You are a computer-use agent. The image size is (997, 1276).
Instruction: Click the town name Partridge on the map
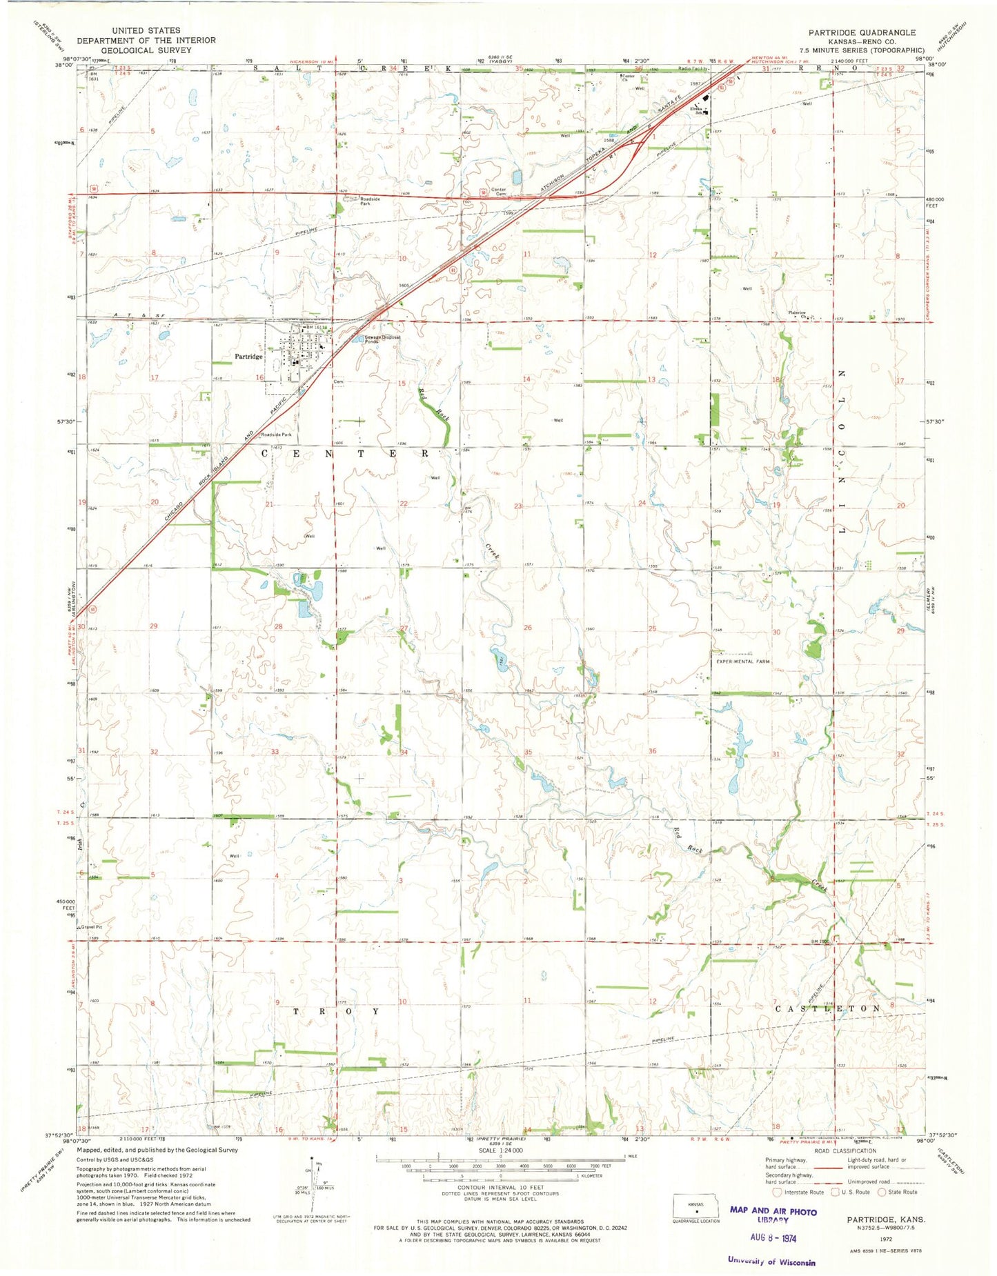point(248,357)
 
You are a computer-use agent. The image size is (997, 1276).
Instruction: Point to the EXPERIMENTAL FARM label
point(742,661)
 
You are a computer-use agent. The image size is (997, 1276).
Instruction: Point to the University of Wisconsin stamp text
point(771,1261)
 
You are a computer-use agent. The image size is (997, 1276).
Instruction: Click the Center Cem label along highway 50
point(499,192)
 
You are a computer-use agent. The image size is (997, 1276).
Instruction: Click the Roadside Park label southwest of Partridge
point(275,435)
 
